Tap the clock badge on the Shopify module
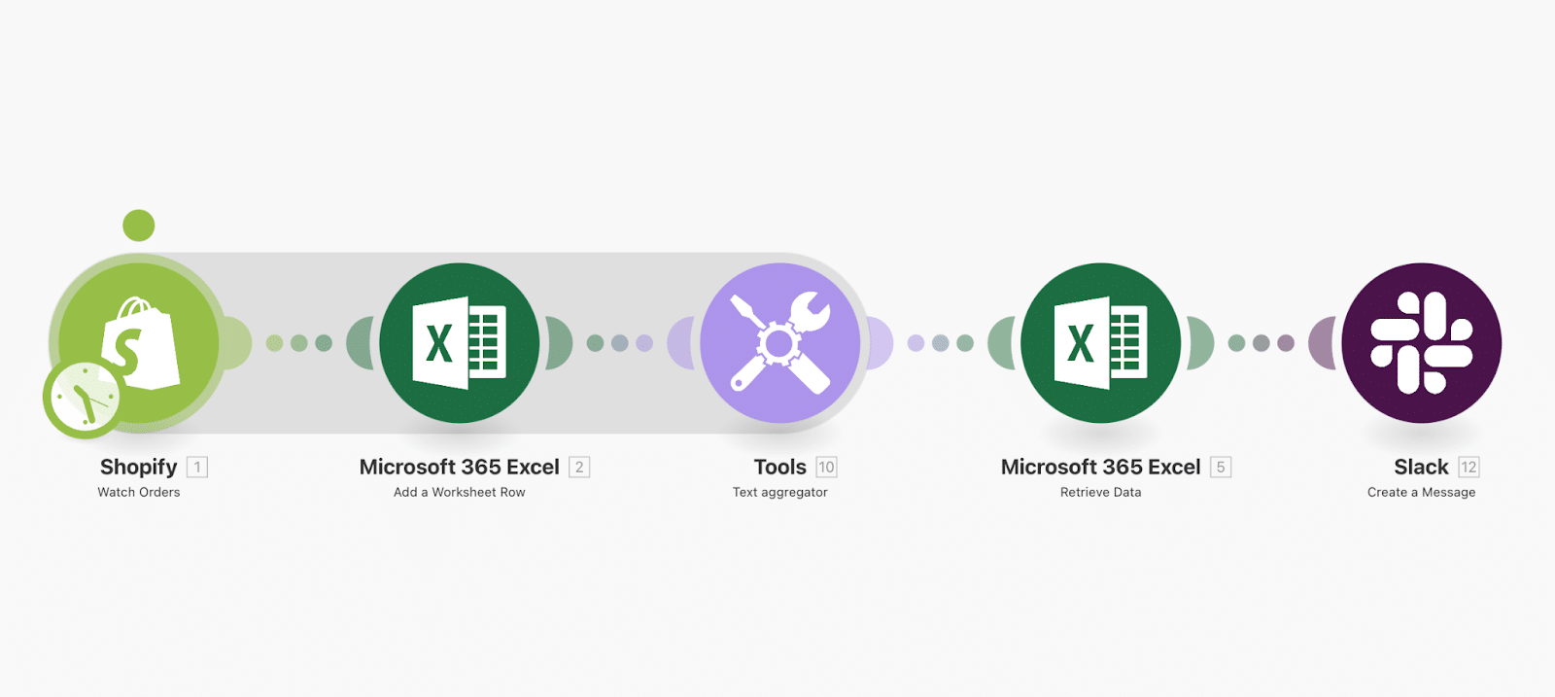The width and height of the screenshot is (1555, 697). (x=83, y=398)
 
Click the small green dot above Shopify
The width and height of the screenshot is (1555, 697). (x=139, y=226)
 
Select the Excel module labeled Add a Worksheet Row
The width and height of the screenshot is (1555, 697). (x=460, y=343)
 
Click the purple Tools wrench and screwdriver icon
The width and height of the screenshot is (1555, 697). (x=780, y=343)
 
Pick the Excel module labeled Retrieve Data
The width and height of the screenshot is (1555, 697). (x=1101, y=343)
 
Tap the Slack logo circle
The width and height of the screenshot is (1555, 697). (x=1422, y=343)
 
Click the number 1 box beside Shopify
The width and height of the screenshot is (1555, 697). (x=197, y=468)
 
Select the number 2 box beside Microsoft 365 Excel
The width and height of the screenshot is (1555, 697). (x=579, y=468)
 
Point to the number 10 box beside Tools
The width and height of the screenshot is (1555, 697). (x=826, y=468)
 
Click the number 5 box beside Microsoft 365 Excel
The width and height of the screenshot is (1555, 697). (x=1221, y=468)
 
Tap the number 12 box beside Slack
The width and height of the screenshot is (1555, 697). (x=1469, y=468)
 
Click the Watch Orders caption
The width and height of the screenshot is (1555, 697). (x=139, y=493)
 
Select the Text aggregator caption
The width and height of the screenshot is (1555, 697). (x=780, y=493)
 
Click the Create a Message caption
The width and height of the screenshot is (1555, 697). (x=1421, y=493)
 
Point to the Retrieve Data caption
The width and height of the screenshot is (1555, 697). (x=1101, y=493)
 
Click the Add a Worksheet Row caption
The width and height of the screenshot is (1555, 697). (x=460, y=493)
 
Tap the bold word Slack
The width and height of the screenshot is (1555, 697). (x=1421, y=468)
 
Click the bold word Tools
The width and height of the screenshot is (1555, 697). (x=780, y=468)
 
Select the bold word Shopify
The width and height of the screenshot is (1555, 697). (x=139, y=468)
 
